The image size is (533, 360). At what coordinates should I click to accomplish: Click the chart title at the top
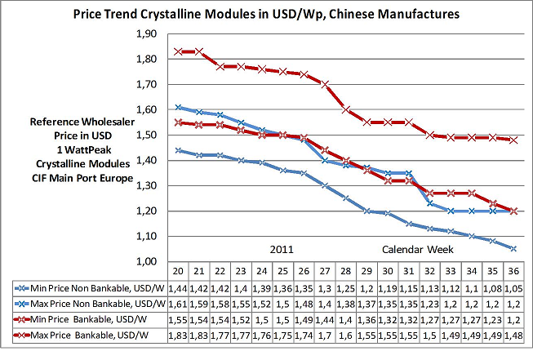click(266, 14)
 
